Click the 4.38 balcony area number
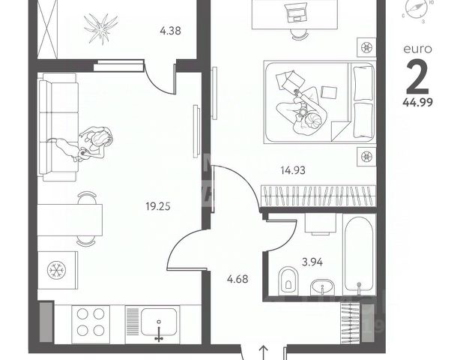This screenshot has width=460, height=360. tap(172, 31)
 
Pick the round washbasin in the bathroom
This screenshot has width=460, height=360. tap(323, 286)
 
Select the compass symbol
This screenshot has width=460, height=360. tap(417, 9)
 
